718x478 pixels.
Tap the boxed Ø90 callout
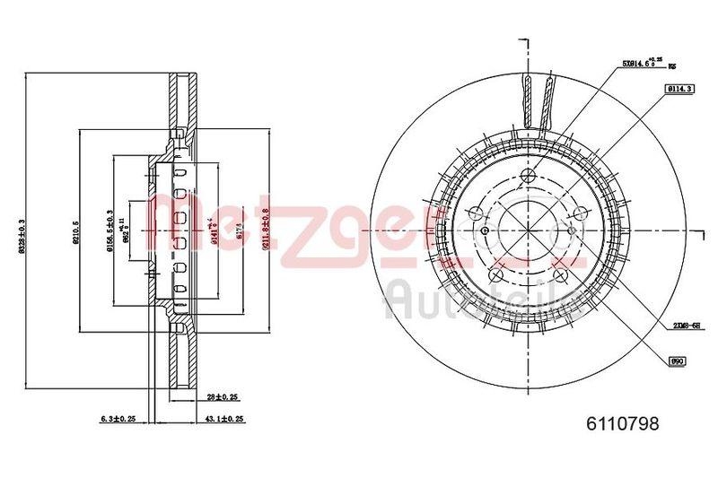pos(678,361)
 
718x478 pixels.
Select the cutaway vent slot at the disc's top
pos(538,99)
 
